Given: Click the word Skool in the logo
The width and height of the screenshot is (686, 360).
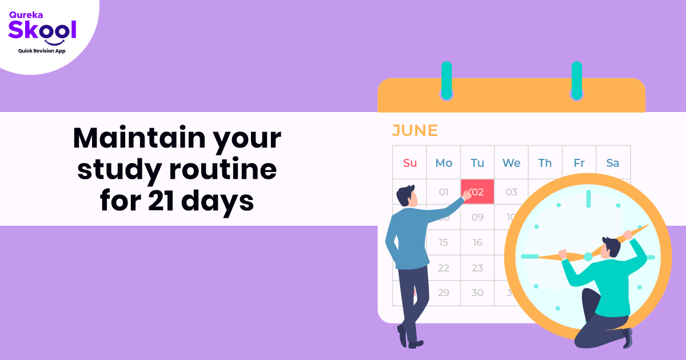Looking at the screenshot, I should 42,29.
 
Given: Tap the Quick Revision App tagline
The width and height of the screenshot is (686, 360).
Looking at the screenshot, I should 42,51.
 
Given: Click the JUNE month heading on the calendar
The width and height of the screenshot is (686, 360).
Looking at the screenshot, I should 414,131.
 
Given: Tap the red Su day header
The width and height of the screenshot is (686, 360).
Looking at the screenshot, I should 410,163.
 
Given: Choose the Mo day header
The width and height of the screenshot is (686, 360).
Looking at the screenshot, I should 444,163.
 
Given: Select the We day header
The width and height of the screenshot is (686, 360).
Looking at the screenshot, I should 511,163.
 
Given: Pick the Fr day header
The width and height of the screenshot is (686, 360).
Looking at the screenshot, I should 579,163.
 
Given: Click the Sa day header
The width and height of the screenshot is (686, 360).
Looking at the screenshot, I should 613,163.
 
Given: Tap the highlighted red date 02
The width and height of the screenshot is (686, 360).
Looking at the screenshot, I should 478,192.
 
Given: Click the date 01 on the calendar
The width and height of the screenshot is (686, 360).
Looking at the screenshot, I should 444,192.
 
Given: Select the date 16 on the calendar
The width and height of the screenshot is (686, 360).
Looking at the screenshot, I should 477,242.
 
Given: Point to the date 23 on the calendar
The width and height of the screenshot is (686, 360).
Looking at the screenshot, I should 477,267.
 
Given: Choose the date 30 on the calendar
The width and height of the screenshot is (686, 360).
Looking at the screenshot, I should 477,293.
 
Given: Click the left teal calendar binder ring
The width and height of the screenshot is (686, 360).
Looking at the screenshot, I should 446,80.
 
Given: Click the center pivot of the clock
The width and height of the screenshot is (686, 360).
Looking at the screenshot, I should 588,257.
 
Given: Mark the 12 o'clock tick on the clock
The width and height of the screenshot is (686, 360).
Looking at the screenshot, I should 588,199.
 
